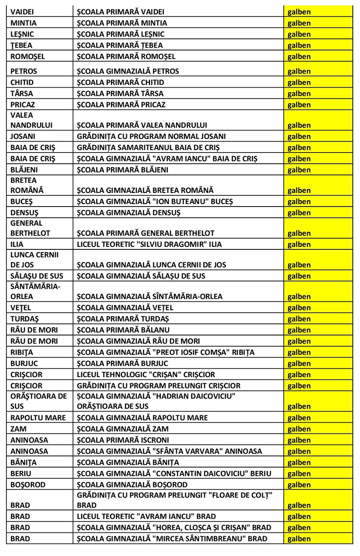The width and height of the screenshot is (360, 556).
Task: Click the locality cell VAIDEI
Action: click(23, 12)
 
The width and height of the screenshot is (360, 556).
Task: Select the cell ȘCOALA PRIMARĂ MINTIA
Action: click(122, 23)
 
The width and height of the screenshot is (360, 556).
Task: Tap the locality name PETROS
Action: click(24, 72)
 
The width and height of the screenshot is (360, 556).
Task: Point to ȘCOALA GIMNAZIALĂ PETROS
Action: click(128, 72)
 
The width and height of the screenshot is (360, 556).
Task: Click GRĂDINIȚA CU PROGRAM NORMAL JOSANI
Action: click(151, 136)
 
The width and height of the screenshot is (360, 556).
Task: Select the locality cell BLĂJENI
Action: click(25, 170)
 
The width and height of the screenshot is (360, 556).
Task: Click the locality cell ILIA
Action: click(17, 245)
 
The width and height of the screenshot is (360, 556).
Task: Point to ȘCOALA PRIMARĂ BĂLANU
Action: click(123, 330)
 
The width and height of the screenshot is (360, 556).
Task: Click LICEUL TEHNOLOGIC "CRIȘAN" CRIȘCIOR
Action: click(146, 375)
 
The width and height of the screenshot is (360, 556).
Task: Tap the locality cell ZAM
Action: click(18, 429)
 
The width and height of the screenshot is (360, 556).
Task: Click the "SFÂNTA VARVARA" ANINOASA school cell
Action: click(170, 452)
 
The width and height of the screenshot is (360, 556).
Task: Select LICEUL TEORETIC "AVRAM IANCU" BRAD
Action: click(146, 517)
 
